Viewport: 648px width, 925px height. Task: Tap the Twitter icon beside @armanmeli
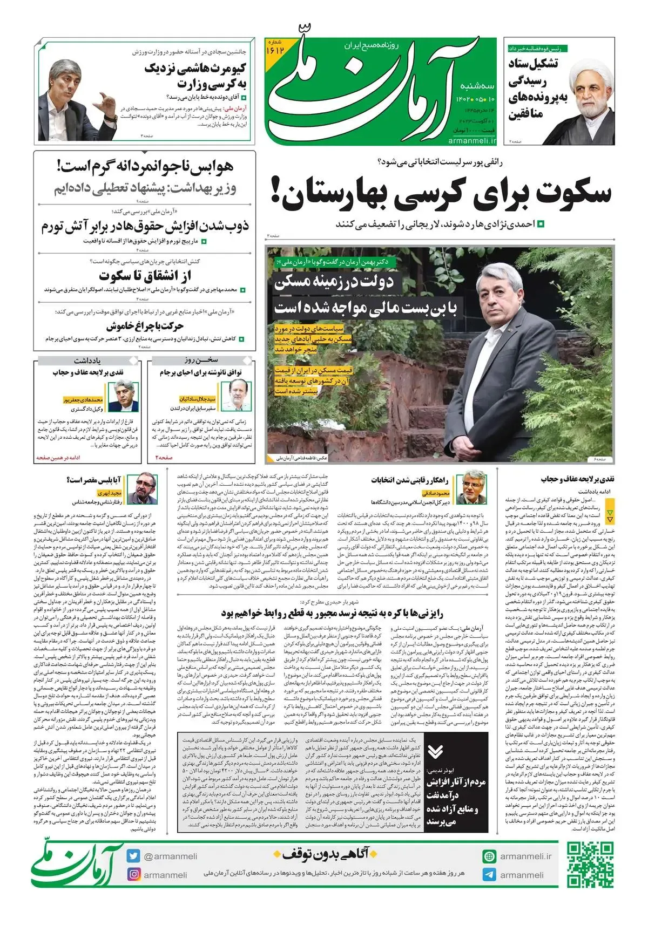click(x=133, y=856)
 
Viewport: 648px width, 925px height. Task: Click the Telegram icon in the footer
click(x=489, y=875)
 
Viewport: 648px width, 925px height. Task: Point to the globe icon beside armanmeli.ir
click(x=489, y=856)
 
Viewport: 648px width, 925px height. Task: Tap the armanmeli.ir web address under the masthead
click(x=471, y=140)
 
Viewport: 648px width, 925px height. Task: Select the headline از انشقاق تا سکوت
click(x=145, y=276)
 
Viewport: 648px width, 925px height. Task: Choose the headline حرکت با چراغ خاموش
click(x=145, y=326)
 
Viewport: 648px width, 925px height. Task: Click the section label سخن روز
click(x=201, y=360)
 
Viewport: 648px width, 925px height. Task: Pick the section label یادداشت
click(x=87, y=360)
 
